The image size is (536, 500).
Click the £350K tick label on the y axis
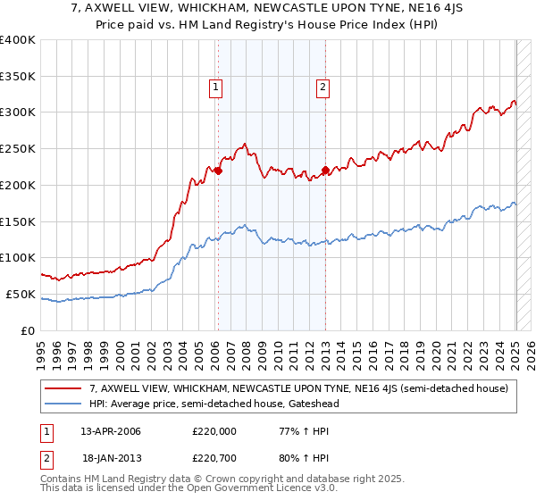tap(18, 76)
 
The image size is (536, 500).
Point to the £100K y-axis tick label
tap(18, 257)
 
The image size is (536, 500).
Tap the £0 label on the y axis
tap(28, 330)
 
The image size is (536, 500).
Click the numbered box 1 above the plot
tap(216, 87)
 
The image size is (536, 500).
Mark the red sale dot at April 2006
tap(218, 171)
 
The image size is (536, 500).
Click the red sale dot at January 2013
tap(325, 170)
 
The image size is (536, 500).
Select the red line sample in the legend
tap(63, 388)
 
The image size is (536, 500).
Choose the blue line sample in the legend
tap(63, 404)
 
